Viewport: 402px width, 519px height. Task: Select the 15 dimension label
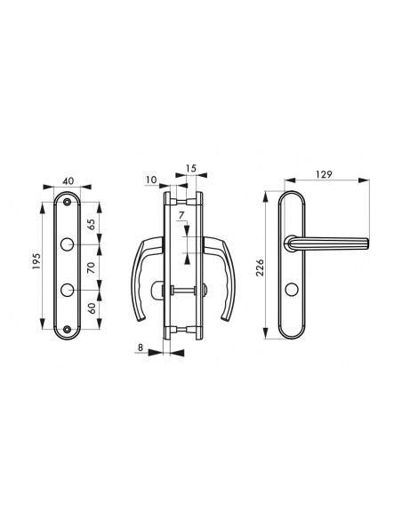point(192,168)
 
